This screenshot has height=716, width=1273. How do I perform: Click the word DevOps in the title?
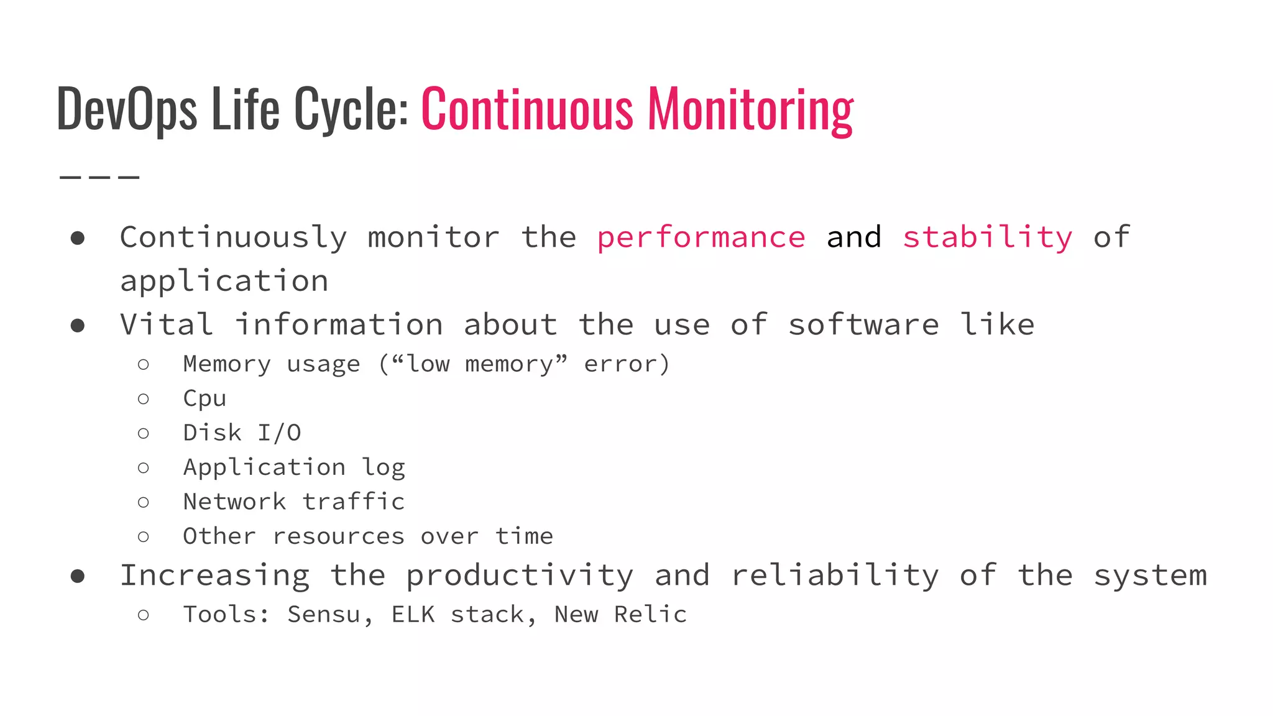[x=127, y=109]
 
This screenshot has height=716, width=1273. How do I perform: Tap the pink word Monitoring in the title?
[x=750, y=109]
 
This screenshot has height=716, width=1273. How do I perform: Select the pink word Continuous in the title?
[x=527, y=109]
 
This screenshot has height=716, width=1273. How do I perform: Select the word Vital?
[x=167, y=325]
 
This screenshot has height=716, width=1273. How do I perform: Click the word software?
[x=863, y=325]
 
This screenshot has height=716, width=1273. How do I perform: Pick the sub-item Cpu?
[x=205, y=398]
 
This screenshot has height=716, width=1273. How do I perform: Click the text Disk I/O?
[x=242, y=433]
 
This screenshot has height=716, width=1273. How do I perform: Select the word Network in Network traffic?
[x=234, y=502]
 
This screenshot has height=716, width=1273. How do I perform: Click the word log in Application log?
[x=384, y=467]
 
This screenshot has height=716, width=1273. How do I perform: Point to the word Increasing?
[x=214, y=576]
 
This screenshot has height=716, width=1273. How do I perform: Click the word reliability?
[x=834, y=576]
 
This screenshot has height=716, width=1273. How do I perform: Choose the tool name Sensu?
[x=323, y=615]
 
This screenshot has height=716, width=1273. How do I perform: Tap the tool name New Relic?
[x=620, y=615]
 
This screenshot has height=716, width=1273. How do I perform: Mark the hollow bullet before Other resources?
[x=144, y=536]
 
